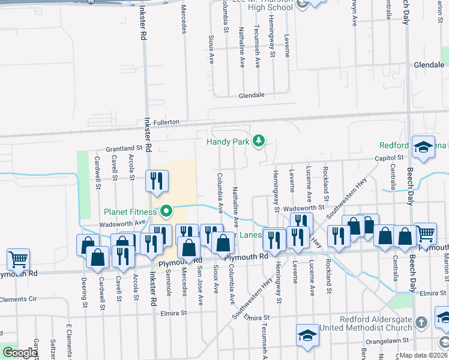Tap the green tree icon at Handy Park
coord(259,141)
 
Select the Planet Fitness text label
coord(130,211)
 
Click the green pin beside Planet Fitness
coord(166,211)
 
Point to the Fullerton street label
coord(166,122)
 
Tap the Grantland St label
coord(124,148)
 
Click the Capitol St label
coord(388,158)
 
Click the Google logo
coord(19,353)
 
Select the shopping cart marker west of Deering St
coord(18,259)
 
